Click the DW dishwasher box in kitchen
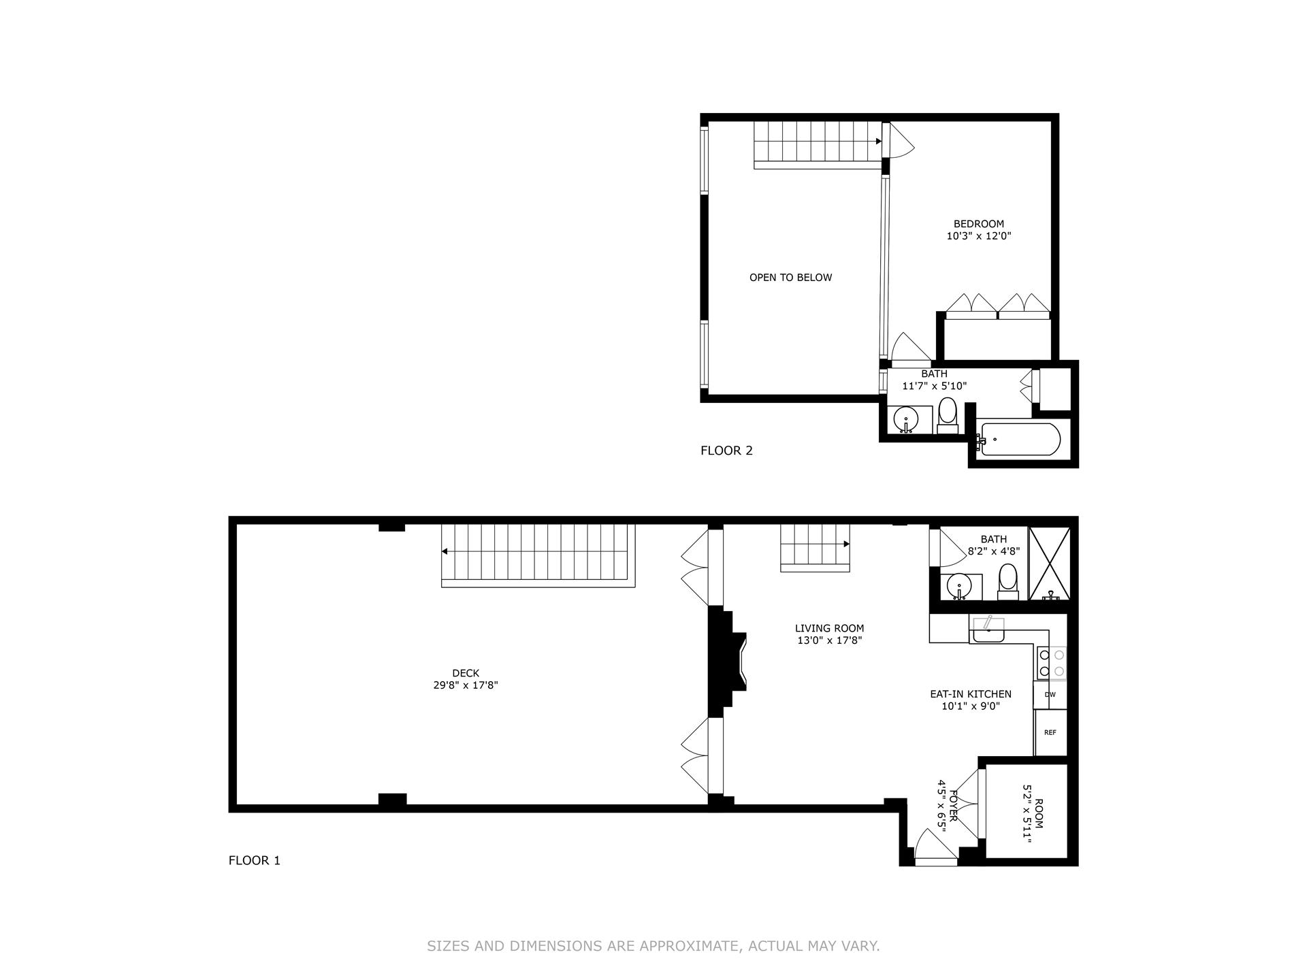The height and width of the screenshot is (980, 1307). click(1050, 695)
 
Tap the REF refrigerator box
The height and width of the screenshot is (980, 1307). click(1050, 732)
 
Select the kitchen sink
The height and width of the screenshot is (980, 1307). click(988, 632)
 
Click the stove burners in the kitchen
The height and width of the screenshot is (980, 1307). click(1051, 663)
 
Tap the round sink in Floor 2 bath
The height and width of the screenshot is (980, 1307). click(905, 419)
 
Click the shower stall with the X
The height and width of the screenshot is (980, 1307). click(1049, 563)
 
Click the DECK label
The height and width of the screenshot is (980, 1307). click(466, 673)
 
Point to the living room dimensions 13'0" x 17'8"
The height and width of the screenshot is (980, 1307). click(829, 640)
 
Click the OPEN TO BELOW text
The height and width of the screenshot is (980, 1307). click(790, 278)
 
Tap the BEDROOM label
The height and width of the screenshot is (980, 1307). click(978, 224)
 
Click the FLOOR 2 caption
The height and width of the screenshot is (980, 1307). click(726, 451)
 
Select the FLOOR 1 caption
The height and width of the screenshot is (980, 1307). click(254, 860)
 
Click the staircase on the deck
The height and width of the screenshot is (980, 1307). click(538, 555)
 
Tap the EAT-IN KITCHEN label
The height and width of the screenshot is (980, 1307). click(970, 694)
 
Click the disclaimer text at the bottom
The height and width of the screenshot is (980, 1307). click(653, 946)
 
